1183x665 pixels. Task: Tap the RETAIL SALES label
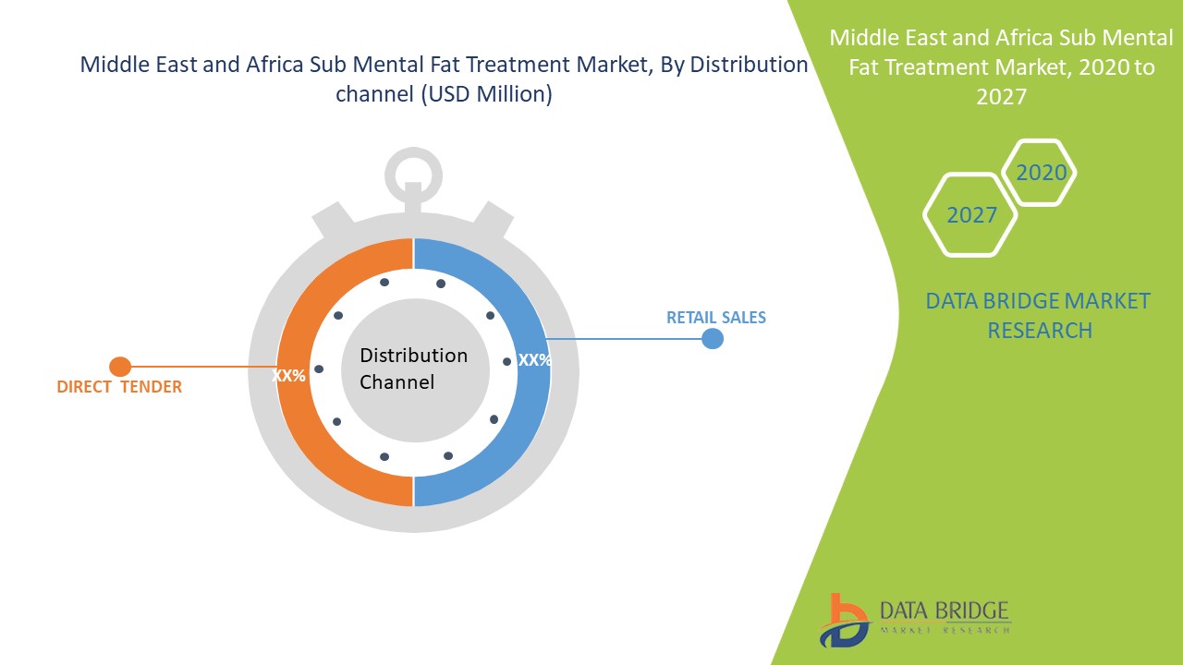(716, 318)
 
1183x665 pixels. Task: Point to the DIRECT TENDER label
(119, 387)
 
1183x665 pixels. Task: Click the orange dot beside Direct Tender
(120, 367)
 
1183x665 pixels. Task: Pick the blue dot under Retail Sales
(712, 339)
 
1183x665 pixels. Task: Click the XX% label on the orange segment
(288, 376)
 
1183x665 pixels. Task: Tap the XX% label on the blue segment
(534, 360)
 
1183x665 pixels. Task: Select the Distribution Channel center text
(413, 369)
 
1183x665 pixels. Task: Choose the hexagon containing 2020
(1041, 173)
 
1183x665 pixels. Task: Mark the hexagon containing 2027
(971, 215)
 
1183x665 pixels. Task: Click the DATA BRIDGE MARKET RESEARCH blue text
(1039, 315)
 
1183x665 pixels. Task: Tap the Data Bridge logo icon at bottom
(844, 620)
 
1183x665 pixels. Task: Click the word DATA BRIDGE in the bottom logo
(943, 610)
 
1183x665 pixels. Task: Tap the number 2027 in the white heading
(1001, 96)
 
